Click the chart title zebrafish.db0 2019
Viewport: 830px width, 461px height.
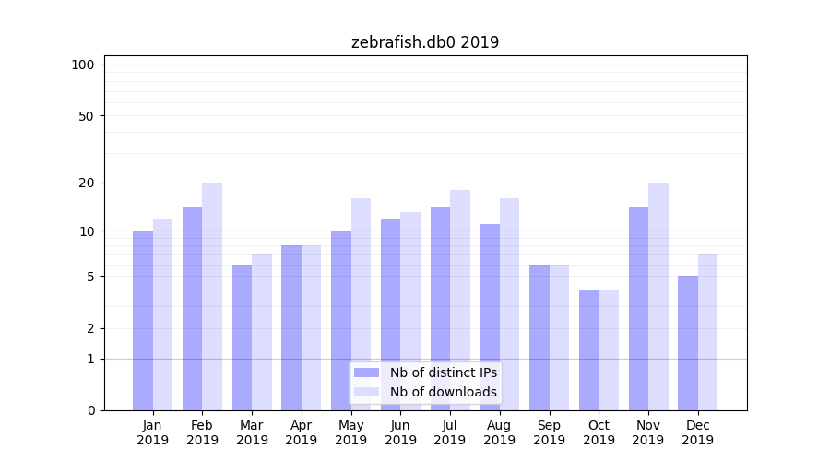425,42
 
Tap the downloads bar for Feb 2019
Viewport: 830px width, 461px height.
212,296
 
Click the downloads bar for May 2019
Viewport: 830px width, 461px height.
361,304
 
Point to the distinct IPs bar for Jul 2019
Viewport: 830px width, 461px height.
440,309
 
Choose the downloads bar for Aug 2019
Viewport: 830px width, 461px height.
509,304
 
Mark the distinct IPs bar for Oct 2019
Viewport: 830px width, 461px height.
588,349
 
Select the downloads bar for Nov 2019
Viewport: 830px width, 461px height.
658,296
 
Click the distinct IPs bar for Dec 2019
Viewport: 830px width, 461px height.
688,343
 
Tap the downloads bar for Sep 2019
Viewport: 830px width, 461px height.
559,337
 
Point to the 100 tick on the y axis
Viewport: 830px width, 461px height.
83,65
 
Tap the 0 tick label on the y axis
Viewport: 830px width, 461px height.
90,410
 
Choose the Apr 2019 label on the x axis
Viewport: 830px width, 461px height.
302,432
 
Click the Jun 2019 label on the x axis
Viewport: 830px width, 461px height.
400,432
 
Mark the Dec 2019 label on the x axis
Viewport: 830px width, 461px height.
697,432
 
